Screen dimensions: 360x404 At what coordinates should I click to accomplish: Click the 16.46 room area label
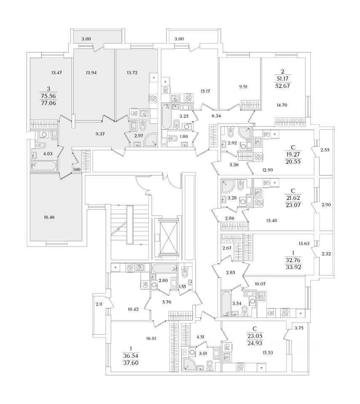tap(49, 217)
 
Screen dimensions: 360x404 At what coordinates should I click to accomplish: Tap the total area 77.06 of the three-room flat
tap(48, 104)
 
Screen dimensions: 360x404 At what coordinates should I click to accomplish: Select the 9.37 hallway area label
tap(100, 134)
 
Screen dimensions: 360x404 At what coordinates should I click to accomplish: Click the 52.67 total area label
tap(283, 86)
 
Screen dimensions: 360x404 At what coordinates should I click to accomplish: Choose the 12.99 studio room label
tap(268, 170)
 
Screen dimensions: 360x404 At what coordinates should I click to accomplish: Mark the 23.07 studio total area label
tap(293, 205)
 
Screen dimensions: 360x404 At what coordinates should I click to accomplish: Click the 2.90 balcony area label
tap(326, 205)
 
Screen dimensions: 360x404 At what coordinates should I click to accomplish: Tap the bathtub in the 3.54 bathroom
tap(226, 303)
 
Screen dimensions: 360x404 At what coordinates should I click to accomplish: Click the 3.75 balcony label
tap(299, 328)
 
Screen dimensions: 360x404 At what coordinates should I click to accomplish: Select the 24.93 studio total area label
tap(255, 343)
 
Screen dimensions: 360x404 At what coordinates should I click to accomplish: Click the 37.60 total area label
tap(131, 363)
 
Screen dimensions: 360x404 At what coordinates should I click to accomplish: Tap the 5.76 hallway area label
tap(167, 302)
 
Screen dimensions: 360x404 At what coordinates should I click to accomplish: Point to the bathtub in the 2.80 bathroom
tap(165, 268)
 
